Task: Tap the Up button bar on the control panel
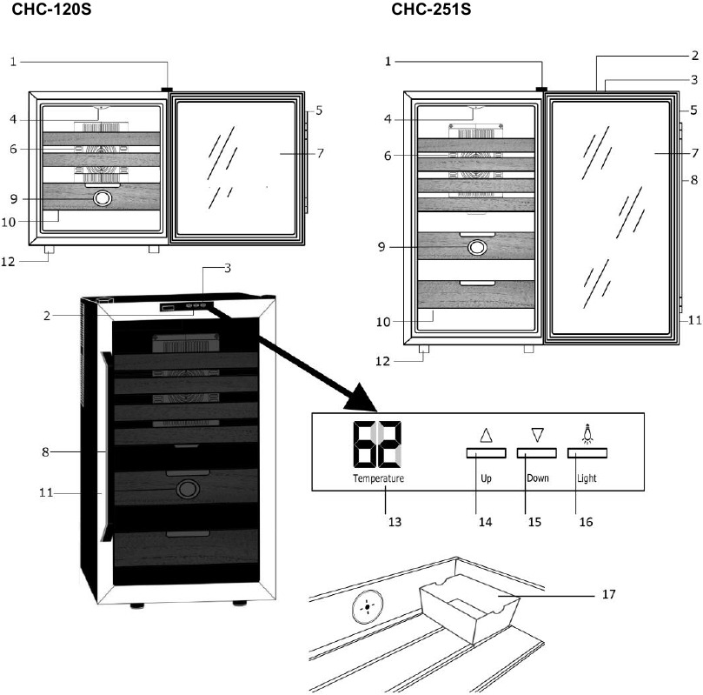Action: (x=486, y=453)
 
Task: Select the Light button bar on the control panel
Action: (x=587, y=453)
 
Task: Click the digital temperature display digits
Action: (x=378, y=444)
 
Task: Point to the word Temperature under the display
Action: (x=378, y=479)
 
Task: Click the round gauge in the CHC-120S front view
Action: (x=103, y=198)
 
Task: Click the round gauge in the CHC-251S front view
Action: (x=477, y=248)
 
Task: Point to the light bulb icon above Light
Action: (x=587, y=431)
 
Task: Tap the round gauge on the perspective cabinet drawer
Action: (x=186, y=490)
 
